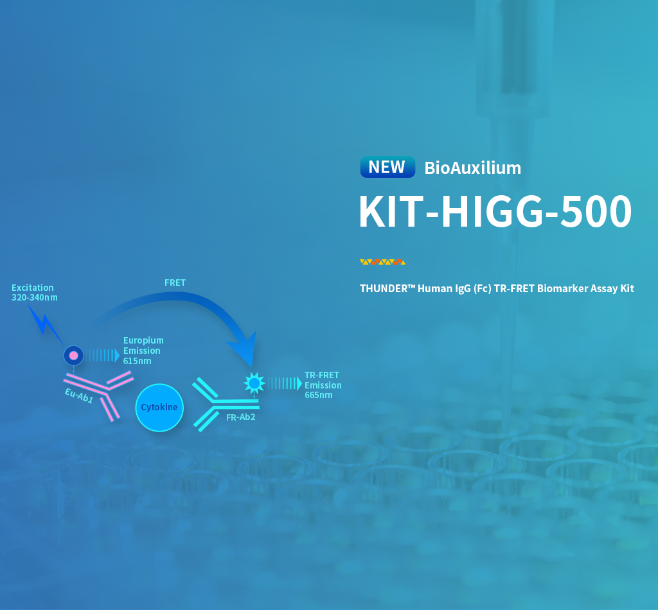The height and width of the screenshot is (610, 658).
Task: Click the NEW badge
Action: pos(387,167)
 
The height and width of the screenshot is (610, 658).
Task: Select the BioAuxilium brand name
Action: pos(472,168)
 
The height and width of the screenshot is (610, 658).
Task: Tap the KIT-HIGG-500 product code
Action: pos(495,211)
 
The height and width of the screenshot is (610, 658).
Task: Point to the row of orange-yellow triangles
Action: pos(383,262)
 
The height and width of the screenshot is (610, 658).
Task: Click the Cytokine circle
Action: pos(159,408)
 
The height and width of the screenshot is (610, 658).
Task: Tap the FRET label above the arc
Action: pos(175,283)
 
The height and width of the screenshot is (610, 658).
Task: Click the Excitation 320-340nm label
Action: pos(35,292)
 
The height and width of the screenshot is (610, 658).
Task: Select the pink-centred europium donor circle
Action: pos(73,356)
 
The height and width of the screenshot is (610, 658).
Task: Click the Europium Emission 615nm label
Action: pos(143,351)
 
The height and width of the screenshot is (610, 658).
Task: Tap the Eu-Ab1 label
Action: pos(79,395)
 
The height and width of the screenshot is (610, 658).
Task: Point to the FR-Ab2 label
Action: pos(240,417)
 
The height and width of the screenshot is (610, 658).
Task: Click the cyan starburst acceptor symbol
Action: pos(254,383)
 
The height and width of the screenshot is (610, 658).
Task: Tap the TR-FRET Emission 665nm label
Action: pos(323,385)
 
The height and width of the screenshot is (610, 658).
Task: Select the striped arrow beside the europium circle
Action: pos(102,356)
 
